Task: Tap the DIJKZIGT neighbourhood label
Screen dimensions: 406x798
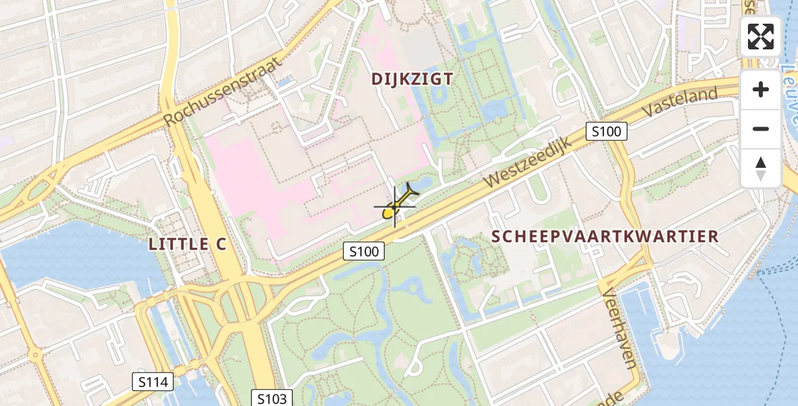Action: click(x=412, y=79)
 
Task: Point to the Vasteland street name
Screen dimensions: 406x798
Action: click(x=680, y=103)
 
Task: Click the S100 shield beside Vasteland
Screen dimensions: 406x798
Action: click(x=606, y=131)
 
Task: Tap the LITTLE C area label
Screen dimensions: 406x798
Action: click(x=187, y=245)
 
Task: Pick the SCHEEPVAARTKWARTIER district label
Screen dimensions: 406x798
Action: click(x=605, y=237)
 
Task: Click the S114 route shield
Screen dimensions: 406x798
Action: click(x=152, y=382)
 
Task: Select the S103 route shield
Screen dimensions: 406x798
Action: click(x=273, y=399)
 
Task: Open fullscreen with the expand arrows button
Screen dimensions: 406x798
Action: click(x=761, y=37)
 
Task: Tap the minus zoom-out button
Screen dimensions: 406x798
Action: click(x=761, y=129)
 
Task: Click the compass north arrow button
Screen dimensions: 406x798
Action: click(x=761, y=168)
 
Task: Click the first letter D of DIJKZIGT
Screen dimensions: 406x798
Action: click(x=377, y=79)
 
